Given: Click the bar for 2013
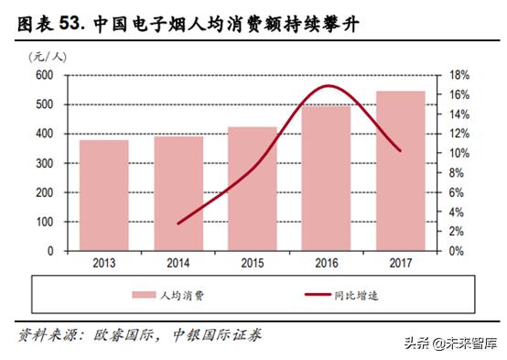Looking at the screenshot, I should pos(103,195).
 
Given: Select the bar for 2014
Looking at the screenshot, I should pos(178,193).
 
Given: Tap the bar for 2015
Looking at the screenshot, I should pos(252,189).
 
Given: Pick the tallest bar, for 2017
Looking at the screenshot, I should pos(400,170).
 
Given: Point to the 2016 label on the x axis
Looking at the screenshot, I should pos(327,264).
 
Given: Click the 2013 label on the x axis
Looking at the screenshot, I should pos(103,264).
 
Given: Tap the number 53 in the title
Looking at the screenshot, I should pos(71,21).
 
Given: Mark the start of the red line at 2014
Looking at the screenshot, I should pos(178,223).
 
